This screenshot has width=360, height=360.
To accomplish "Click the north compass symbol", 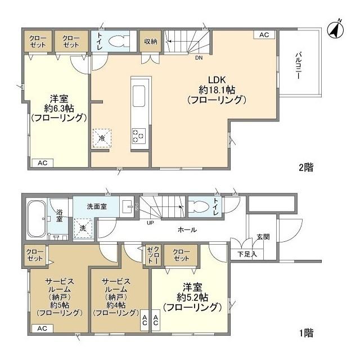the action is [x=336, y=30].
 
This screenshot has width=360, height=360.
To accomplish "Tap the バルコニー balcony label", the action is [x=298, y=66].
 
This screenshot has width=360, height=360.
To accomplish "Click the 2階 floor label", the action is [x=306, y=168].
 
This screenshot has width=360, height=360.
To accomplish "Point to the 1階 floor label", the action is [x=306, y=333].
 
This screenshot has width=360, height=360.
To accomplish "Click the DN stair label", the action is [x=199, y=58].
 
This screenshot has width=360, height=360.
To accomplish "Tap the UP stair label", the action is [x=150, y=223].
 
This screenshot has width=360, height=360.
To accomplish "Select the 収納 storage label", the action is [x=151, y=41].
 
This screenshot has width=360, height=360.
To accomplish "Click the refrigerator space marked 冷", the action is [x=102, y=138].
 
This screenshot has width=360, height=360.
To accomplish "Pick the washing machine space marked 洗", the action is [x=83, y=228].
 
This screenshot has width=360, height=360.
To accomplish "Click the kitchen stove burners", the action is [x=139, y=136].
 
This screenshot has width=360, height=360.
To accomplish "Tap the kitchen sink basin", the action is [x=139, y=96].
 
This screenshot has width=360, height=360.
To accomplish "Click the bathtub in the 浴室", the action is [x=36, y=219].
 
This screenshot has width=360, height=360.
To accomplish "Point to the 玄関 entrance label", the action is [x=263, y=237].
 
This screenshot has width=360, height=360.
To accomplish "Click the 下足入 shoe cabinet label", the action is [x=247, y=254].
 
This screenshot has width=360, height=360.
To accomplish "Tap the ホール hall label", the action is [x=187, y=229].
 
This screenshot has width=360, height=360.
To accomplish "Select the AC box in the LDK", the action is [x=264, y=35].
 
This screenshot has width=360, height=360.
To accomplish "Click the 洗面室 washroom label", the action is [x=97, y=206].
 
